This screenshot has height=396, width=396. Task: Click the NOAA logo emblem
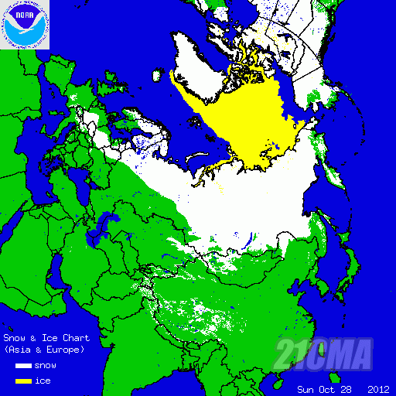click(x=25, y=25)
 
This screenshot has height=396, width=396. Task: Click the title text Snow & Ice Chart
click(x=46, y=339)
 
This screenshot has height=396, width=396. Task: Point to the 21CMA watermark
click(x=325, y=354)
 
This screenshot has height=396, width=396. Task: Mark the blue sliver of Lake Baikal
click(x=246, y=247)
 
